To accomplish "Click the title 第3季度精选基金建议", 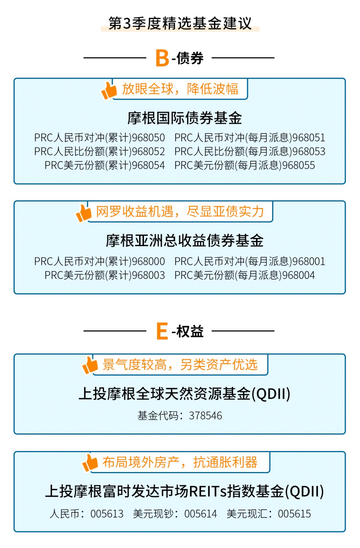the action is coord(180,23).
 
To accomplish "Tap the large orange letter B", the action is coord(162,58).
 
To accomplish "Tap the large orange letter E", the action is coord(162,331).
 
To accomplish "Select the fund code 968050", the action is coord(148,138).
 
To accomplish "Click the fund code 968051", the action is coord(309,138).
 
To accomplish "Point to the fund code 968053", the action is coord(309,152).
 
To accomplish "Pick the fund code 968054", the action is coord(148,165).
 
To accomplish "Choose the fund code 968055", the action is coord(298,165).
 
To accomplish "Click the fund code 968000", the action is coord(148,262).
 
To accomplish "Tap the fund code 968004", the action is coord(298,275).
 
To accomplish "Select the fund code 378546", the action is coord(205,416).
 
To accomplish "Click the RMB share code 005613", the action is coord(107,514).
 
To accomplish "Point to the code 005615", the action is coord(294,514).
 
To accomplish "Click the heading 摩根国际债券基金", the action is coord(185,118).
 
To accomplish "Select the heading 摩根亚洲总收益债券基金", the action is coord(185,241).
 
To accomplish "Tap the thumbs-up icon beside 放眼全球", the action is coord(109,90).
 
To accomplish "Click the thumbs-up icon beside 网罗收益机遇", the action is coord(83,213).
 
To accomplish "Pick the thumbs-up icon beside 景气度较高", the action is coord(90,365).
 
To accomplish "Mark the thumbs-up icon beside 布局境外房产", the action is coord(90,463).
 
